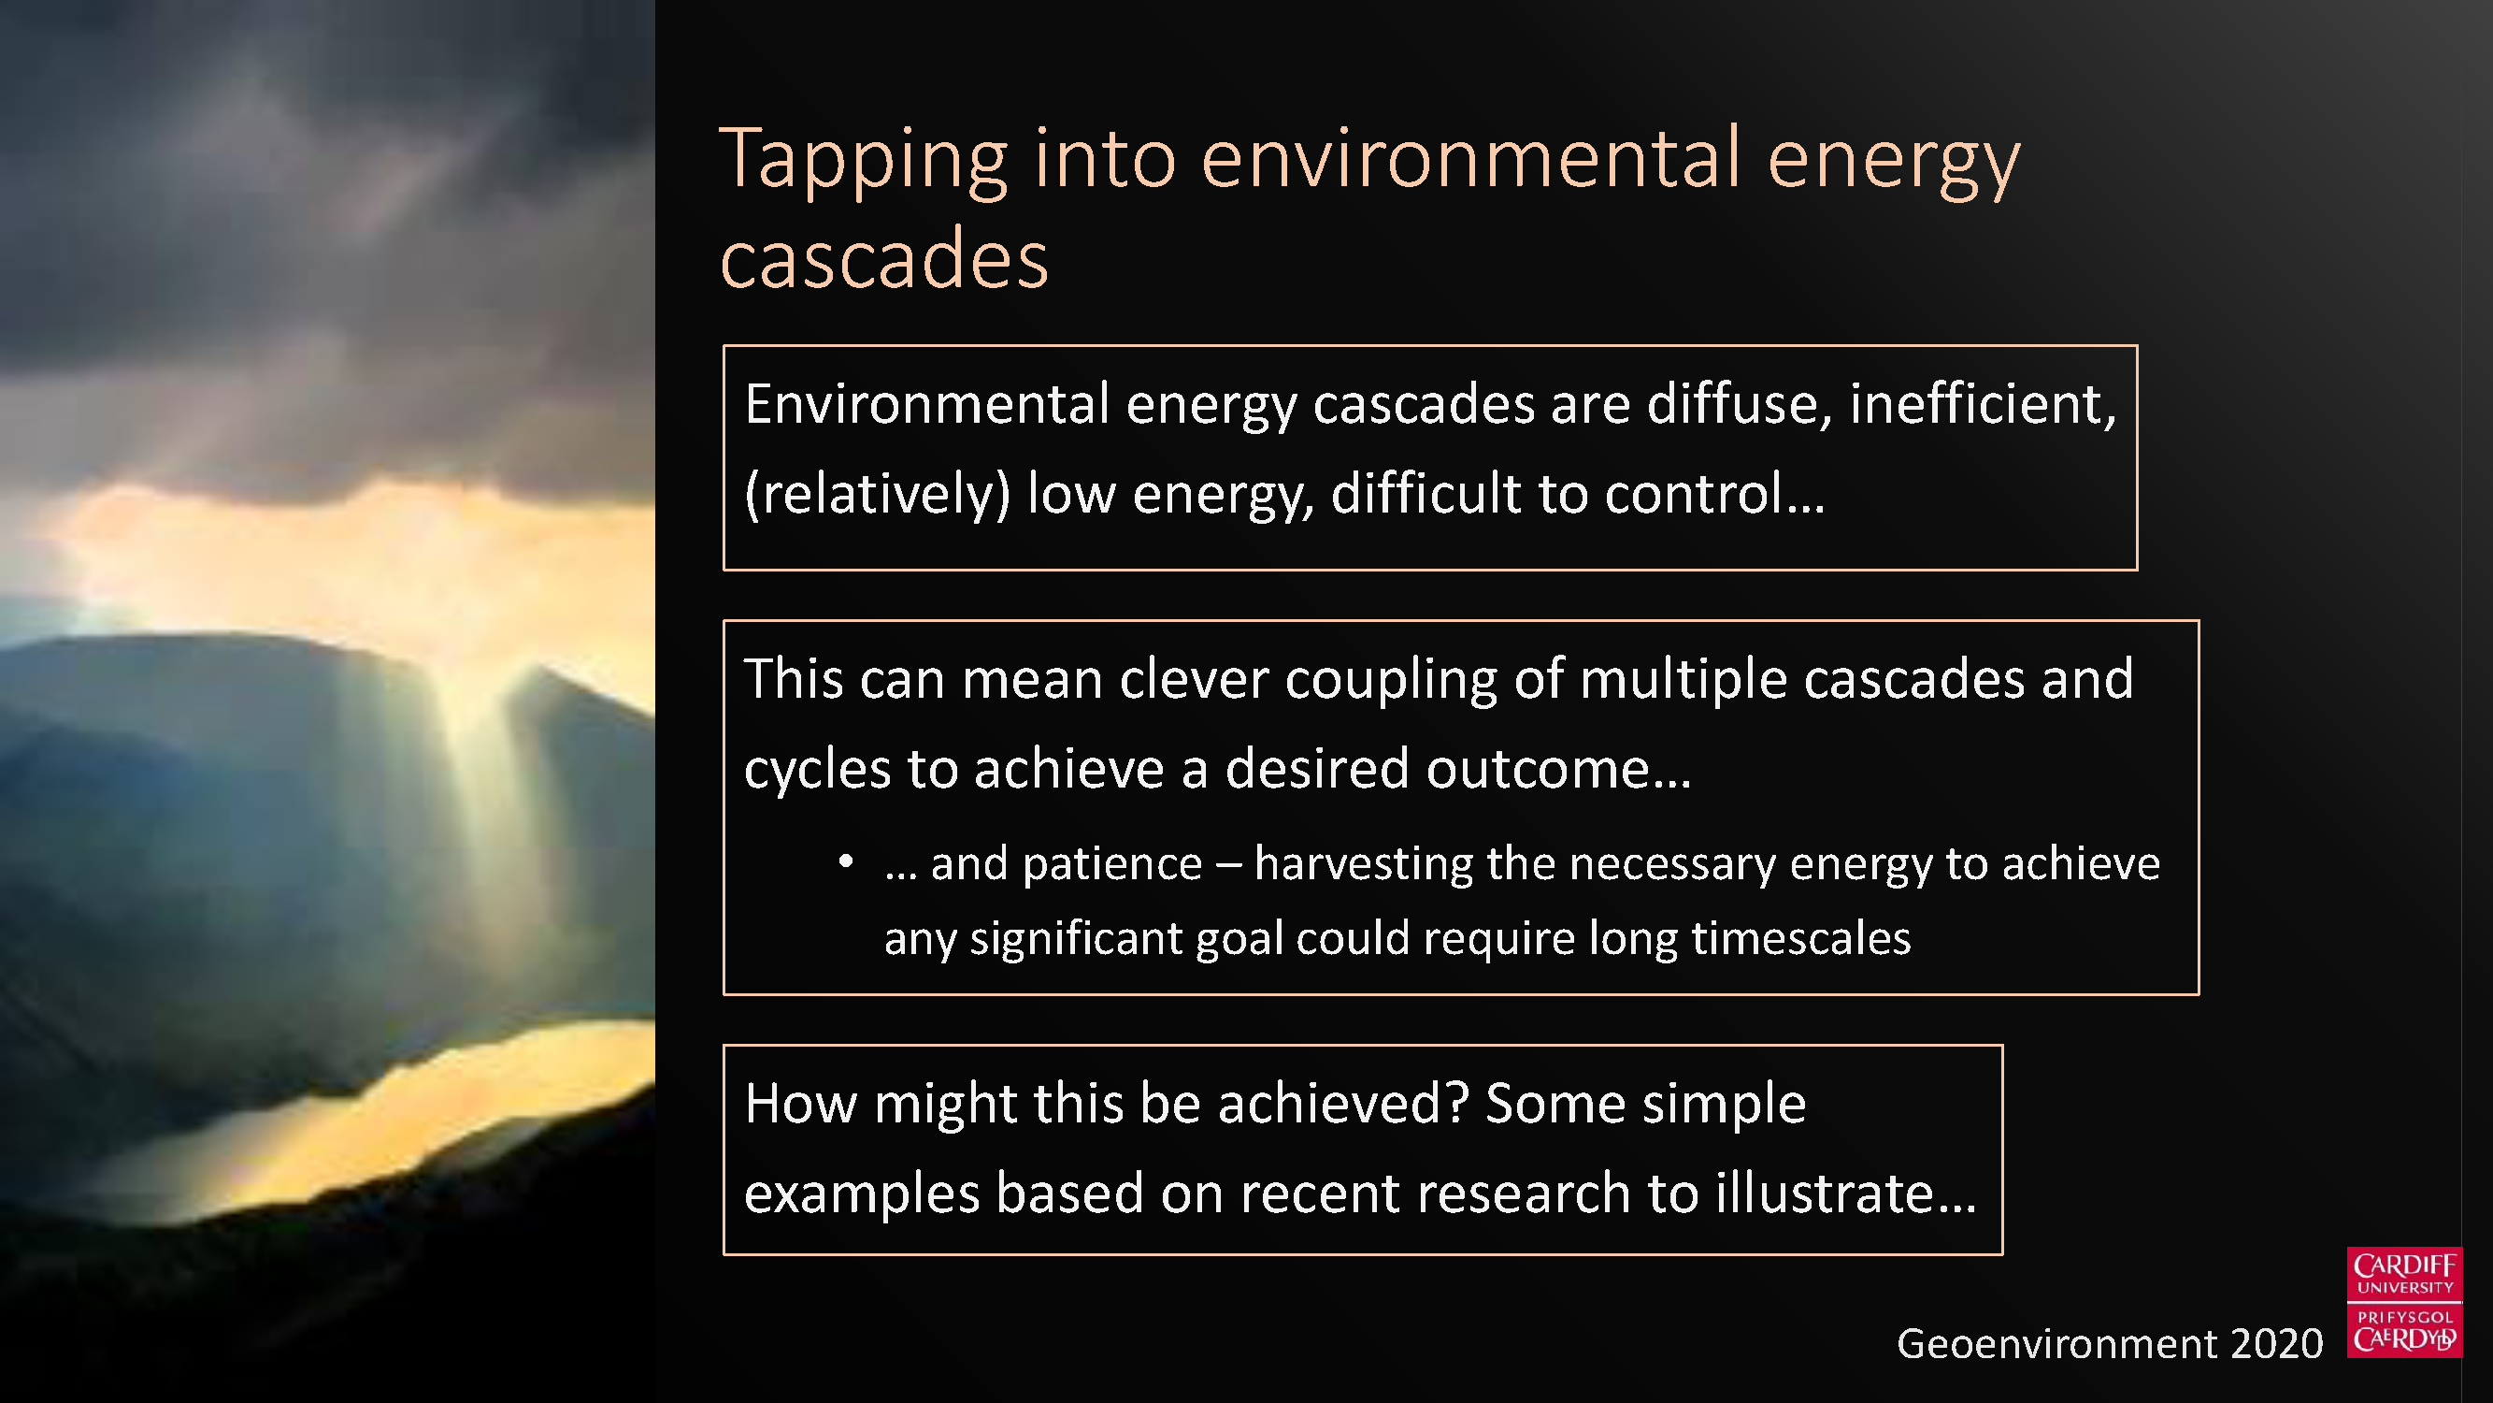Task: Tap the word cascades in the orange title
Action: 884,257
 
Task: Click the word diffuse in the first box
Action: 1739,404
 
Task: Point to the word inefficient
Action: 1983,404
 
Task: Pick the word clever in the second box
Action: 1194,678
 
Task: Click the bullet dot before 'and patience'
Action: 846,861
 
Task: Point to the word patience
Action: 1112,863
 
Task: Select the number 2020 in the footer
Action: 2275,1344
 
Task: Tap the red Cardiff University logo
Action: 2404,1302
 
